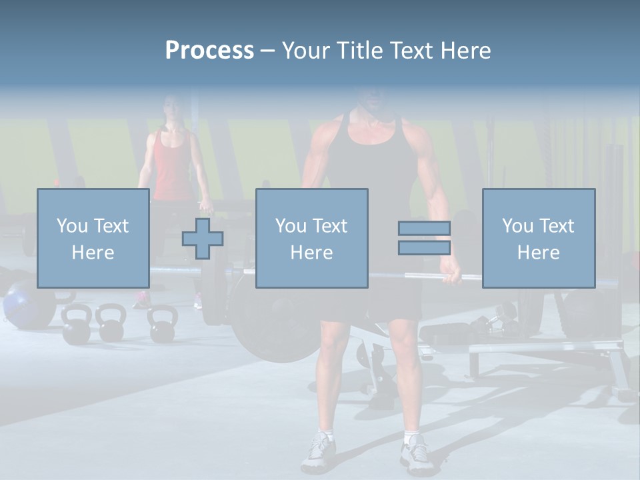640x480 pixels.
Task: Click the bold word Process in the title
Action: pos(209,51)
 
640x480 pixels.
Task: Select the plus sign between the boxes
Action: pos(203,239)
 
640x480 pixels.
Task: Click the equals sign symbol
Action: pos(424,238)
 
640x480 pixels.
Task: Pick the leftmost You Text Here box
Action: pos(93,239)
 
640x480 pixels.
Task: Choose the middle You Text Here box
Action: pos(311,239)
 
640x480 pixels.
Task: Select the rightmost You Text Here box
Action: pos(538,239)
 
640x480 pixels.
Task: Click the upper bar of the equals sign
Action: pos(424,229)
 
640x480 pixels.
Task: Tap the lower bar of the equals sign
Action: pos(424,247)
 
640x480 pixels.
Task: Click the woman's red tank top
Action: pos(172,167)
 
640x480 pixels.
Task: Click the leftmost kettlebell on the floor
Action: pos(75,325)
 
